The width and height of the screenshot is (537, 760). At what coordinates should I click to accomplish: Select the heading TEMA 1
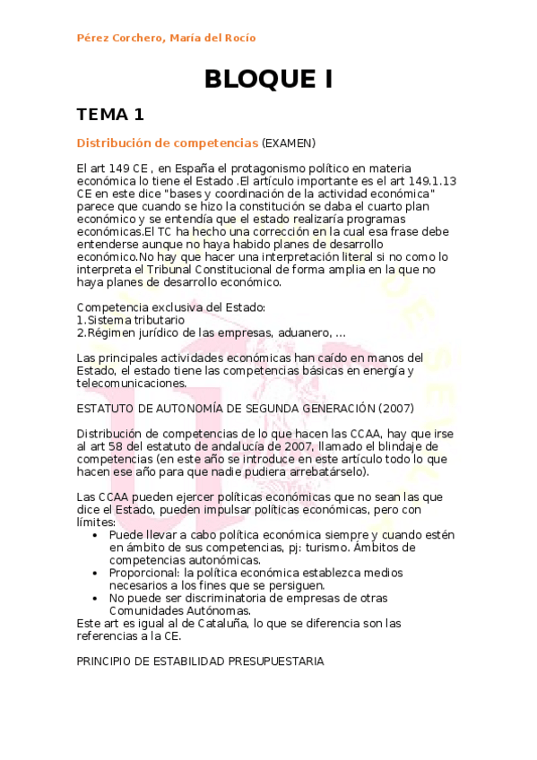click(110, 114)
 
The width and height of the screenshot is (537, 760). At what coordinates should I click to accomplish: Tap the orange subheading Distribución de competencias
click(167, 142)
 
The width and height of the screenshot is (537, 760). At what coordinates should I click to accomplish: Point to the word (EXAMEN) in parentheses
click(289, 142)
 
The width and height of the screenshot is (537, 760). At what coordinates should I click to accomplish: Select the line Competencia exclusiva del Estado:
click(171, 307)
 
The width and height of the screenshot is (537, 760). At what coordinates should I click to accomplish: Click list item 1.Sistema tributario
click(131, 320)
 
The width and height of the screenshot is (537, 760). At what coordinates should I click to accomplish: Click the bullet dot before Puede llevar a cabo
click(97, 534)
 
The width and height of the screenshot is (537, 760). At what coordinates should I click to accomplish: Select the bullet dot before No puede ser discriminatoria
click(97, 597)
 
